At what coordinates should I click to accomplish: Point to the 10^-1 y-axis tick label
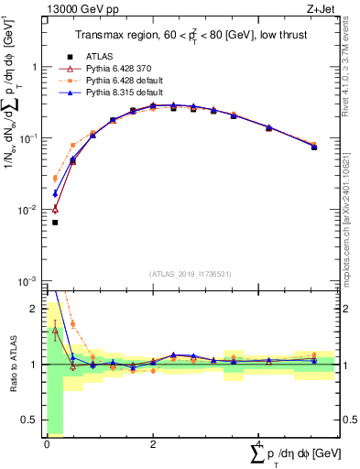coord(31,138)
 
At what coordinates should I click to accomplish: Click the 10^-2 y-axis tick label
coord(31,210)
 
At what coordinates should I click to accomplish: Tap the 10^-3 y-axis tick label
coord(31,280)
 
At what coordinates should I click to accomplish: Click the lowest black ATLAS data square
coord(55,223)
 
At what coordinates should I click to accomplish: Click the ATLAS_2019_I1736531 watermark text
coord(191,274)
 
